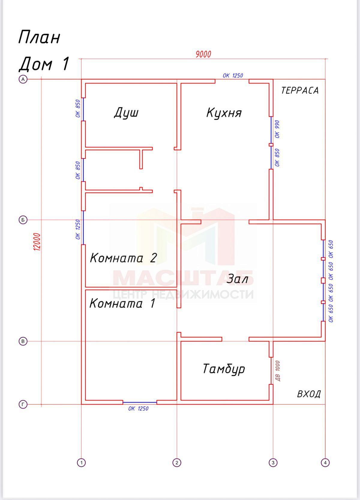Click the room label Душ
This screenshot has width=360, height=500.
126,113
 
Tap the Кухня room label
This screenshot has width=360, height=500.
224,113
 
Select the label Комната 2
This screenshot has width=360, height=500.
123,258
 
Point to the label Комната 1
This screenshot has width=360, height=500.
122,303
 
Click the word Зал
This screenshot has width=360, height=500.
237,279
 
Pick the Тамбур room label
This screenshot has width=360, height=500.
224,369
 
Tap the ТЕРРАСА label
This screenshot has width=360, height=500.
300,90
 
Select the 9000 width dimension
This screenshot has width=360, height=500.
203,54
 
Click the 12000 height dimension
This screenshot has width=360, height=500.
37,242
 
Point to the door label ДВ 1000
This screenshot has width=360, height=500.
277,371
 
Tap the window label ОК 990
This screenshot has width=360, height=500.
277,129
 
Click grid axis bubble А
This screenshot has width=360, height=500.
23,79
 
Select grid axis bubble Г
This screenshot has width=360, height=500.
23,404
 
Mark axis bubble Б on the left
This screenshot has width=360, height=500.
23,220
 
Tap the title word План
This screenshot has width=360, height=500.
39,37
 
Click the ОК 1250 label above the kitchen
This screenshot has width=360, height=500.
233,76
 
